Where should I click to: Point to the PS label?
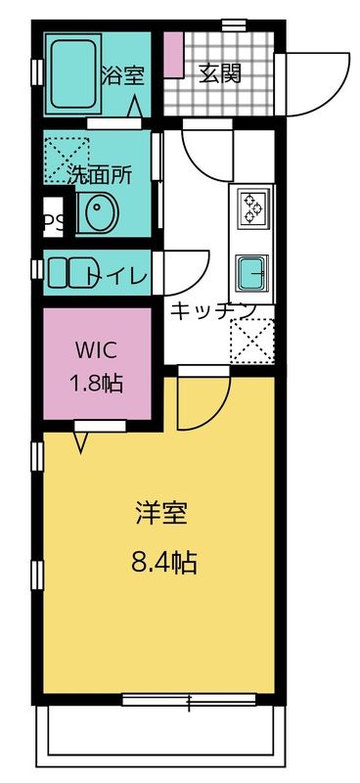point(54,222)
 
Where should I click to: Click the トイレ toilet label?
point(117,277)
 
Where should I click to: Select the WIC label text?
point(96,349)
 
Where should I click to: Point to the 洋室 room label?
point(161,512)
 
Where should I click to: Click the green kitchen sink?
point(253,270)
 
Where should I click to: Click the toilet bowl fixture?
point(66,272)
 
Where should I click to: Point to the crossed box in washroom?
point(65,154)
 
